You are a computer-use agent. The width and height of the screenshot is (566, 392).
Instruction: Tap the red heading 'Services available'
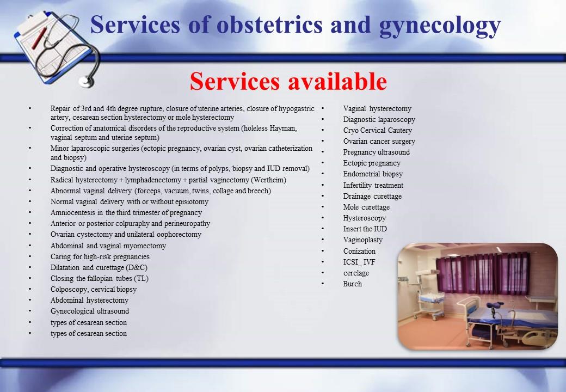point(288,81)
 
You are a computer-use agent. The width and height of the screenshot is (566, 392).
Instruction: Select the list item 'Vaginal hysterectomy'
point(377,109)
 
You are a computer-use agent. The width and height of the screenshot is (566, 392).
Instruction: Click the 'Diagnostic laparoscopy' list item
point(379,119)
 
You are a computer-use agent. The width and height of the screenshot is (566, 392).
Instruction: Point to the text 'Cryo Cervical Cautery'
point(377,130)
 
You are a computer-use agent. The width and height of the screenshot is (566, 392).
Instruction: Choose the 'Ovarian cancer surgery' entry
point(379,141)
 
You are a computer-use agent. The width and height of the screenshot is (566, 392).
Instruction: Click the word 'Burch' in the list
point(352,284)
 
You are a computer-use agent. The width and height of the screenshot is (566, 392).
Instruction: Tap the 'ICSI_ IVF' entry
point(359,262)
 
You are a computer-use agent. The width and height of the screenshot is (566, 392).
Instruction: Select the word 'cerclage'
point(356,273)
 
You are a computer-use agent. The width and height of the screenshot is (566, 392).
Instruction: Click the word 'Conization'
point(359,251)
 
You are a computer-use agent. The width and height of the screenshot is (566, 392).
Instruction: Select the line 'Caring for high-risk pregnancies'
point(100,256)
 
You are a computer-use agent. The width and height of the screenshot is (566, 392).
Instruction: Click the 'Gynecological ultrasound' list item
point(89,311)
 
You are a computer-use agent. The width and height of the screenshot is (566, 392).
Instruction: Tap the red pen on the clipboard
point(39,39)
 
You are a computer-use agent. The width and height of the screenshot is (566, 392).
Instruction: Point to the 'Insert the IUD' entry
point(365,229)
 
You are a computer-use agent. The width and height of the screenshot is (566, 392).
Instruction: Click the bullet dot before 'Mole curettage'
point(323,206)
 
